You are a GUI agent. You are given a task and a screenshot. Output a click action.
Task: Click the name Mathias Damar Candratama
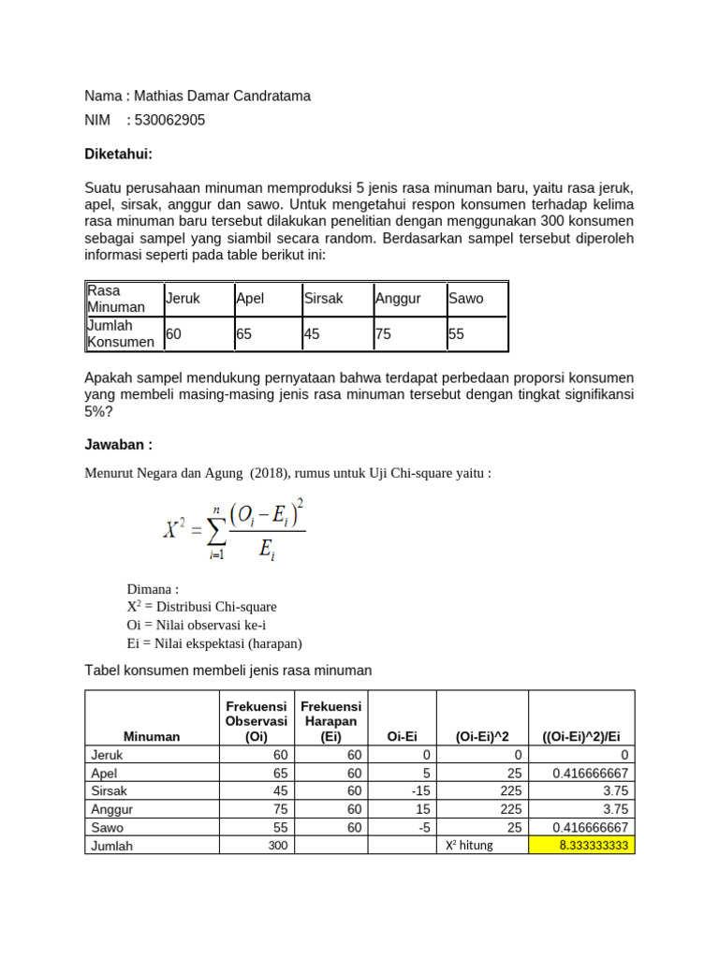[222, 96]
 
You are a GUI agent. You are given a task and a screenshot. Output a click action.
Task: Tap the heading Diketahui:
[118, 154]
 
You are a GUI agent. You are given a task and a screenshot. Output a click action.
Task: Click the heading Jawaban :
[118, 444]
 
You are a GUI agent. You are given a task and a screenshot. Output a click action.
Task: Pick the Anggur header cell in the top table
[398, 299]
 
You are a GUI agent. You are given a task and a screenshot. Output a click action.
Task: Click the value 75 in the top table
[383, 333]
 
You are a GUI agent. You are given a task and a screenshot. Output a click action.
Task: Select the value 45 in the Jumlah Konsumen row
[312, 333]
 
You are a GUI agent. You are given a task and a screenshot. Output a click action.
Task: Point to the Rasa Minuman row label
[116, 299]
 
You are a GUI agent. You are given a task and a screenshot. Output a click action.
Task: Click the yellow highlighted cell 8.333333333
[581, 845]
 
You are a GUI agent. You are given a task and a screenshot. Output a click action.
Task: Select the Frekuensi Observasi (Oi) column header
[256, 721]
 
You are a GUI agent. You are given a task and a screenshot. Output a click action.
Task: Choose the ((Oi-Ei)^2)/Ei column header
[581, 736]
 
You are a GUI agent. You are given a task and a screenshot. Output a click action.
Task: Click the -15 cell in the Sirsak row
[402, 790]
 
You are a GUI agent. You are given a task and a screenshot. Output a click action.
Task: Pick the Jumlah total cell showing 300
[256, 845]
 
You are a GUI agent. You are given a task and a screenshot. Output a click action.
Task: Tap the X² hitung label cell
[469, 845]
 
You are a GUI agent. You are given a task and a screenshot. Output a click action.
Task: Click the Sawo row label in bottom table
[107, 827]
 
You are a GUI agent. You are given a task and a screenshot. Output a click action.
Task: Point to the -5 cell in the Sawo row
[402, 827]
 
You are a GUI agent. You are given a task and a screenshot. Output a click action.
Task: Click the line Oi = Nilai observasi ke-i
[202, 625]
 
